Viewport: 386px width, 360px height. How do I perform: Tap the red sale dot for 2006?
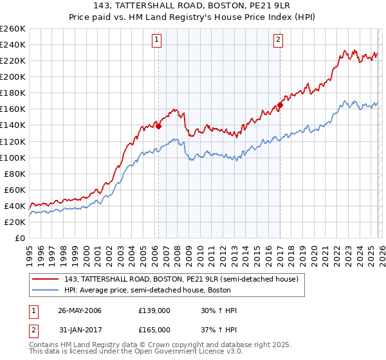[158, 126]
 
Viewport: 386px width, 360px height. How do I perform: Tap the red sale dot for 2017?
[280, 105]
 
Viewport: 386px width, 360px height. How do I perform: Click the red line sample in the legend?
[46, 280]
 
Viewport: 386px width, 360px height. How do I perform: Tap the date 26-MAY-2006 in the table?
[80, 310]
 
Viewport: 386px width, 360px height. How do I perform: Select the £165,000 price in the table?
[154, 330]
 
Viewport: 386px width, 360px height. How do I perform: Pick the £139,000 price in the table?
[154, 310]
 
